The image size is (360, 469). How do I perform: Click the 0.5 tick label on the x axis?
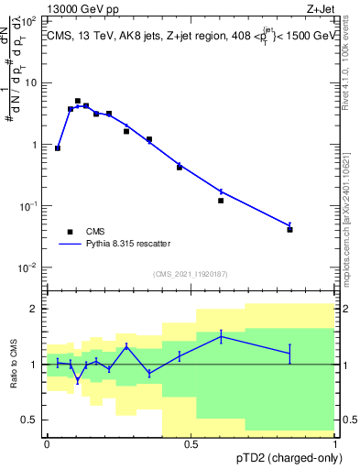coord(191,444)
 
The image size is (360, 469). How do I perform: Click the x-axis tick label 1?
coord(335,444)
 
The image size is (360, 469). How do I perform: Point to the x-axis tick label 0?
coord(47,444)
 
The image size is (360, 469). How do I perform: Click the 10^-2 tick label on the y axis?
coord(28,267)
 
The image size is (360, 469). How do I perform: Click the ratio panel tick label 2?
coord(34,309)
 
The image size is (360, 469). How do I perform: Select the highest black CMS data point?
coord(78,101)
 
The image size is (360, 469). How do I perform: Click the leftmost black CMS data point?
coord(58,147)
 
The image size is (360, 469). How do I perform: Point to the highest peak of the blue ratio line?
coord(221,336)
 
